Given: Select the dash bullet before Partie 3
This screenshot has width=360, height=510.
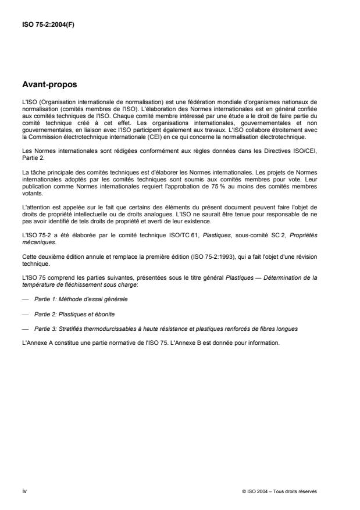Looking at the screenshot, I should pos(26,329).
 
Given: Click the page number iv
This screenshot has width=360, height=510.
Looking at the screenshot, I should pos(23,491).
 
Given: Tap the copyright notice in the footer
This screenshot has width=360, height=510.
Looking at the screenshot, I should pos(279,491).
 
